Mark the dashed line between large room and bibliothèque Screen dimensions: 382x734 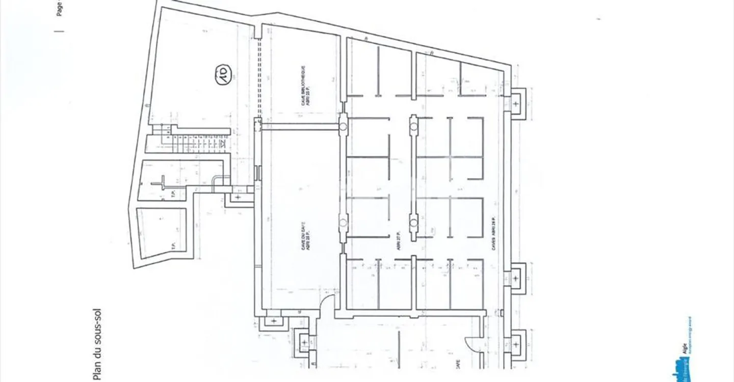[x=258, y=76]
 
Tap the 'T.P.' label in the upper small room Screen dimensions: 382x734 [x=174, y=195]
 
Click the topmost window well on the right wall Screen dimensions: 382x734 [x=516, y=104]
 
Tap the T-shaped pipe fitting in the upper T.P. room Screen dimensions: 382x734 [x=162, y=182]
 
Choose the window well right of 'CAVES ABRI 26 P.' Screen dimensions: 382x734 [x=516, y=279]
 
